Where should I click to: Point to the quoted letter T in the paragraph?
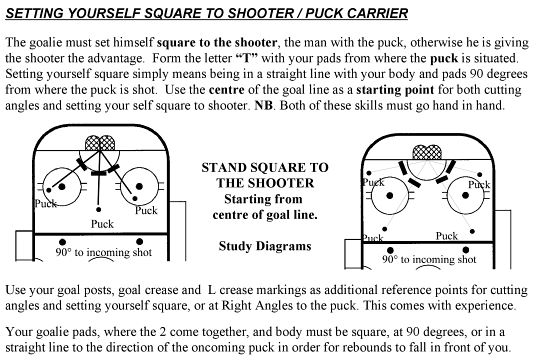point(247,58)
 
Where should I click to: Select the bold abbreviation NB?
point(264,105)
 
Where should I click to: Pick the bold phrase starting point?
point(395,90)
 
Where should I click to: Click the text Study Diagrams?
point(265,246)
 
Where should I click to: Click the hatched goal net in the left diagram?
point(100,143)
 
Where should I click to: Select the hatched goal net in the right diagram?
point(427,152)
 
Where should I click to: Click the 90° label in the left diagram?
point(63,252)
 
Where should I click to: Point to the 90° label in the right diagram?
point(390,260)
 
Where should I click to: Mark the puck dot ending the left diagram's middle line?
point(99,209)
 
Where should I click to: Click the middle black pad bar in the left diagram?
point(99,173)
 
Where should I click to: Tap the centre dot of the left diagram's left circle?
point(62,187)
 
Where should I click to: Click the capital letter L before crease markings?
point(212,290)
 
